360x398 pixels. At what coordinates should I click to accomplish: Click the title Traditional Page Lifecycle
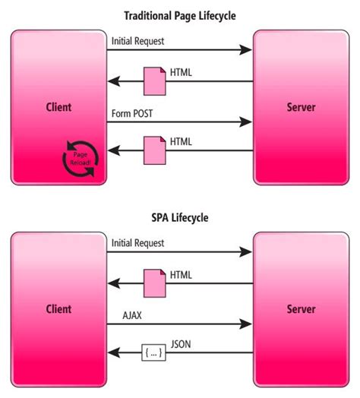pos(179,14)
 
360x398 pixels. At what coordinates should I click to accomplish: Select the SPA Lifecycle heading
pos(179,217)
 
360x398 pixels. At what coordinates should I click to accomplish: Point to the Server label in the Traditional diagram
pos(302,107)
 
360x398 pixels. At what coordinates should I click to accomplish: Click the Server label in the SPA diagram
pos(302,309)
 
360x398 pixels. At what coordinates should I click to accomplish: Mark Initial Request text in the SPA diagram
pos(137,242)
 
